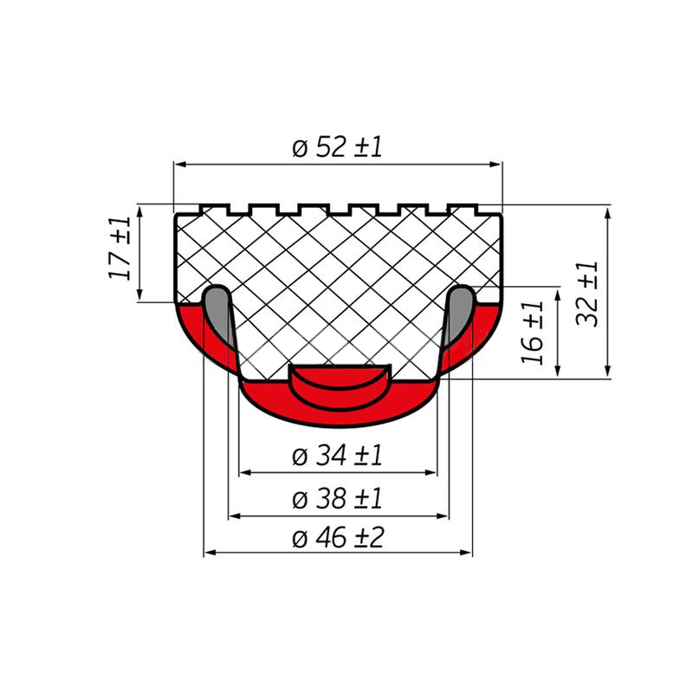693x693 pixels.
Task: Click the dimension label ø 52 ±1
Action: click(x=337, y=147)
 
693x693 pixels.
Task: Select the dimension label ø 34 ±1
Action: click(x=337, y=456)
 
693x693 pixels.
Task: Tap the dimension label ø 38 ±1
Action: click(x=337, y=499)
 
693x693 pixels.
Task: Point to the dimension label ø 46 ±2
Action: click(x=338, y=537)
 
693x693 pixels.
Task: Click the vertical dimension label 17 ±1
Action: click(x=120, y=249)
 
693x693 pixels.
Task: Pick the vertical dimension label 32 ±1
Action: click(x=587, y=294)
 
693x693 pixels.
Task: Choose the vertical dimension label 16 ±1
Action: click(x=532, y=333)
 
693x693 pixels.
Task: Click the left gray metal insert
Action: click(x=217, y=312)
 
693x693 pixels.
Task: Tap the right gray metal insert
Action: click(x=460, y=312)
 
